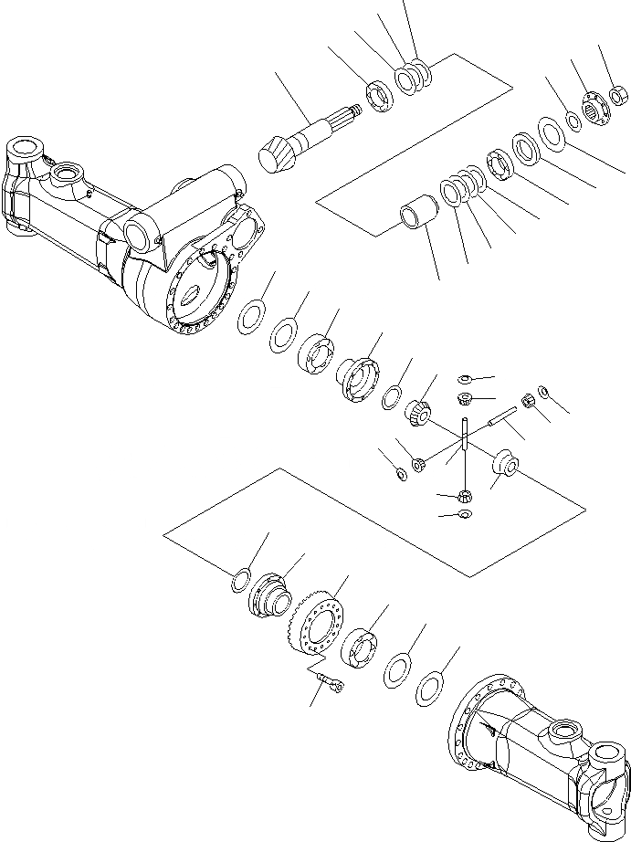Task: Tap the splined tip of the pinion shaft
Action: click(x=351, y=112)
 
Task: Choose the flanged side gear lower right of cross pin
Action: click(x=505, y=463)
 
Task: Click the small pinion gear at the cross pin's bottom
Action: click(x=464, y=496)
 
